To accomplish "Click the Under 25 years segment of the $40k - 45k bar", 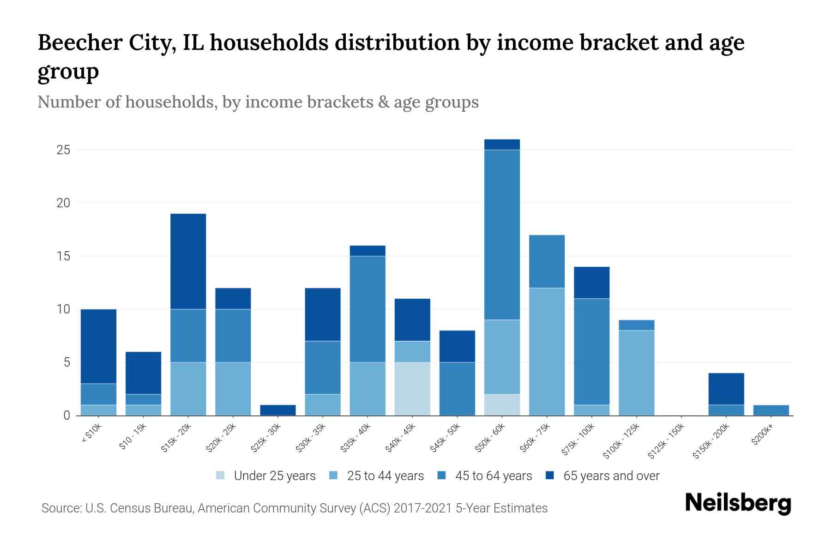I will tap(412, 389).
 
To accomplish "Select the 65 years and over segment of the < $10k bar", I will tap(98, 346).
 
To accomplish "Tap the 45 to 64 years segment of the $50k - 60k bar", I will tap(502, 235).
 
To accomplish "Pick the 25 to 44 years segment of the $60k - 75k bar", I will tap(547, 351).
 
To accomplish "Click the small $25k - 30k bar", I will tap(278, 410).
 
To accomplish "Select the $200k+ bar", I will tap(771, 410).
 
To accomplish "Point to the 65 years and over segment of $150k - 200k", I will tap(726, 389).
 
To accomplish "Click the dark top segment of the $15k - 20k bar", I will tap(188, 261).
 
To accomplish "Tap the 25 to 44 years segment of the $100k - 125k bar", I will tap(636, 373).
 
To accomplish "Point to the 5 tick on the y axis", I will tap(67, 362).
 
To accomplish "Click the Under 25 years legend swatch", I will tap(220, 476).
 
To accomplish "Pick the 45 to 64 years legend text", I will tap(493, 476).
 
